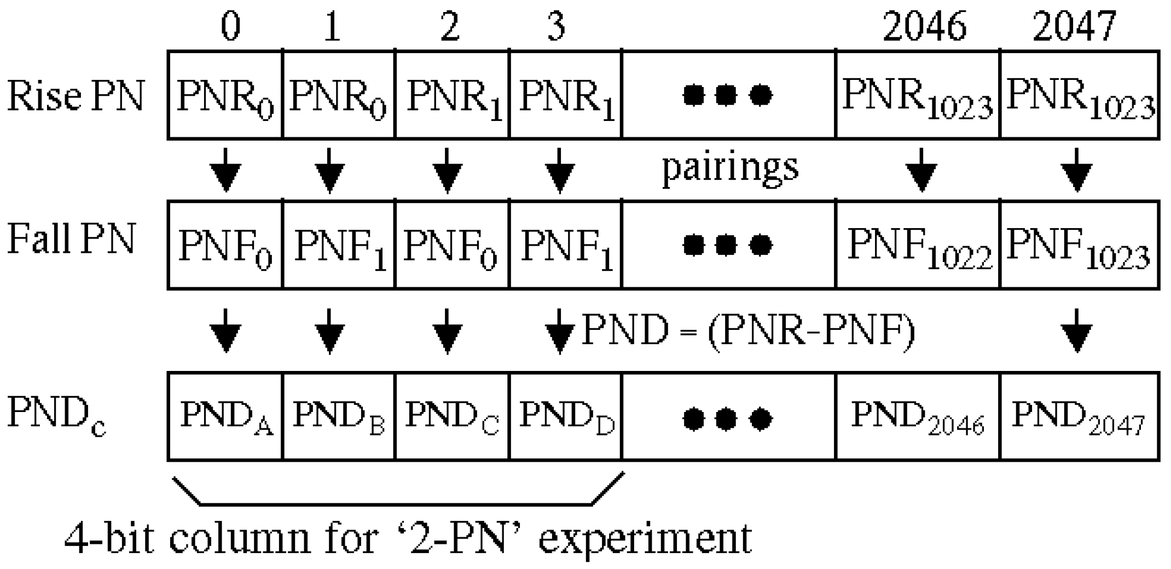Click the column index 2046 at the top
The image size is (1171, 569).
pyautogui.click(x=924, y=26)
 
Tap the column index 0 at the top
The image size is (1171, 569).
pyautogui.click(x=230, y=26)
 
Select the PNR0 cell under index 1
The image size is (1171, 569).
pyautogui.click(x=338, y=96)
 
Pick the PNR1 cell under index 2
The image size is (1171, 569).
pyautogui.click(x=452, y=96)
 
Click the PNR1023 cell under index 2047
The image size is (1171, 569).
pyautogui.click(x=1079, y=96)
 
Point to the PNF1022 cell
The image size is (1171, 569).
pyautogui.click(x=918, y=245)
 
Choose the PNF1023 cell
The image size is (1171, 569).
pyautogui.click(x=1079, y=245)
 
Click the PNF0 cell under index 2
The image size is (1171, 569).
pyautogui.click(x=452, y=245)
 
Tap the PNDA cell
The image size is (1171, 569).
pyautogui.click(x=225, y=417)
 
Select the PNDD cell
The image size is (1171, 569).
pyautogui.click(x=566, y=417)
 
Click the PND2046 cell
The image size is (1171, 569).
pyautogui.click(x=918, y=417)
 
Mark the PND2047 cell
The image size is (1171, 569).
pyautogui.click(x=1079, y=417)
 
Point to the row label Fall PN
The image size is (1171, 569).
pyautogui.click(x=71, y=240)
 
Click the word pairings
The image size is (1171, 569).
pyautogui.click(x=730, y=167)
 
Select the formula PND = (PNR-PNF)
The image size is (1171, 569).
pyautogui.click(x=748, y=331)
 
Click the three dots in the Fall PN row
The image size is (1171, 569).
pyautogui.click(x=728, y=245)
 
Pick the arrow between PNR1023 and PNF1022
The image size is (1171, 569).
pyautogui.click(x=922, y=170)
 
